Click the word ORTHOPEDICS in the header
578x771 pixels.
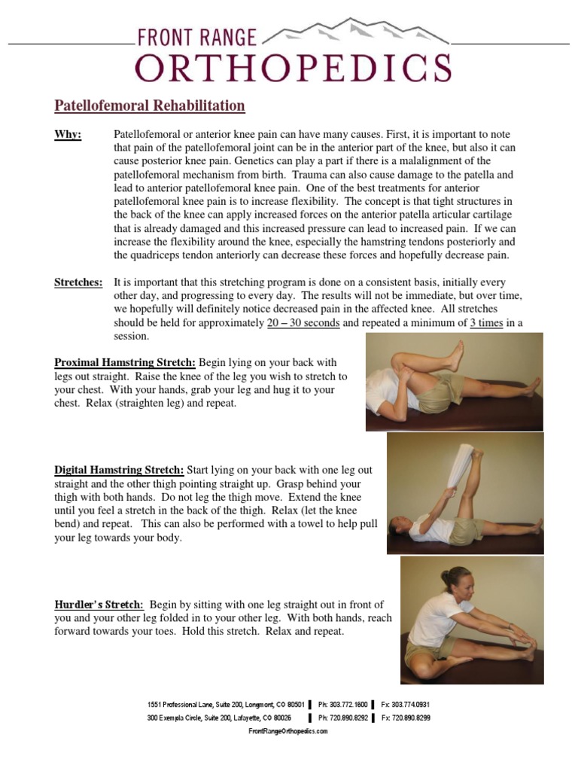[293, 67]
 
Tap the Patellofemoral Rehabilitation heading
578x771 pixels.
[150, 105]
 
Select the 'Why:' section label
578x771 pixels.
[68, 134]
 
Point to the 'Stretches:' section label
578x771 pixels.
[78, 282]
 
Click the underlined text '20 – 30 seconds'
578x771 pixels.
[303, 323]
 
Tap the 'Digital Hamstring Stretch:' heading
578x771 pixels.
[119, 470]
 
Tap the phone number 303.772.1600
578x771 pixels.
[343, 704]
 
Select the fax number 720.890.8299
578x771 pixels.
[406, 718]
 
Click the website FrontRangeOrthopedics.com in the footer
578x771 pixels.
[288, 731]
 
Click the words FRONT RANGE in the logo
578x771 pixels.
[196, 37]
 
